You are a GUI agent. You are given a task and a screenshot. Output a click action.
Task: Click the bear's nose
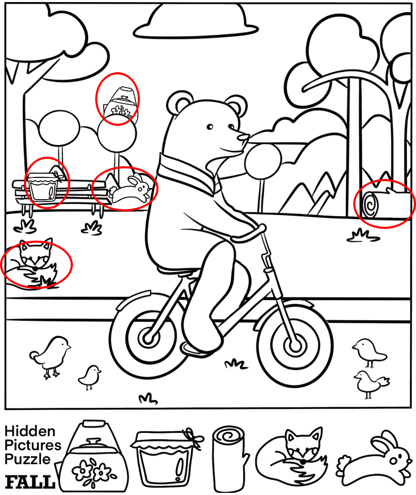[x=244, y=137]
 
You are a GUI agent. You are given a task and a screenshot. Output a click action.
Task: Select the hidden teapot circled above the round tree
[x=120, y=104]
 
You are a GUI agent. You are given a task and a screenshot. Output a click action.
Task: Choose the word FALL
[x=29, y=482]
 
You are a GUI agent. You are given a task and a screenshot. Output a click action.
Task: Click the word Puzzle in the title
[x=28, y=459]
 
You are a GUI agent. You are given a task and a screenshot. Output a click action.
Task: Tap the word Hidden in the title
[x=30, y=431]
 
